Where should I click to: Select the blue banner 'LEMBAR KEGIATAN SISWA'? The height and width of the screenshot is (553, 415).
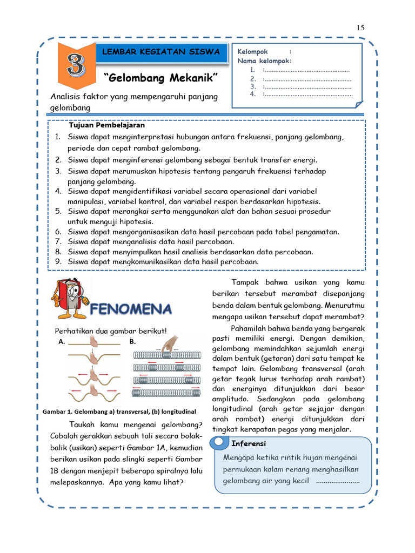click(x=162, y=52)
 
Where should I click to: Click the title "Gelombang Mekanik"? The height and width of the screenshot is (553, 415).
click(x=160, y=79)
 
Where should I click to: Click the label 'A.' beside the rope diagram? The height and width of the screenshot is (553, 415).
click(x=62, y=342)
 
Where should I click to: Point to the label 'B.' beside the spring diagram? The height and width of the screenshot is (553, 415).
click(x=132, y=342)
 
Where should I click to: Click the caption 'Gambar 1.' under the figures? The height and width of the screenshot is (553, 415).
click(x=58, y=412)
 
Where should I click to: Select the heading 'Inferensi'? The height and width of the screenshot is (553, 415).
click(x=249, y=444)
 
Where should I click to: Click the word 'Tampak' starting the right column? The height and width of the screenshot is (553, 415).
click(x=244, y=282)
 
